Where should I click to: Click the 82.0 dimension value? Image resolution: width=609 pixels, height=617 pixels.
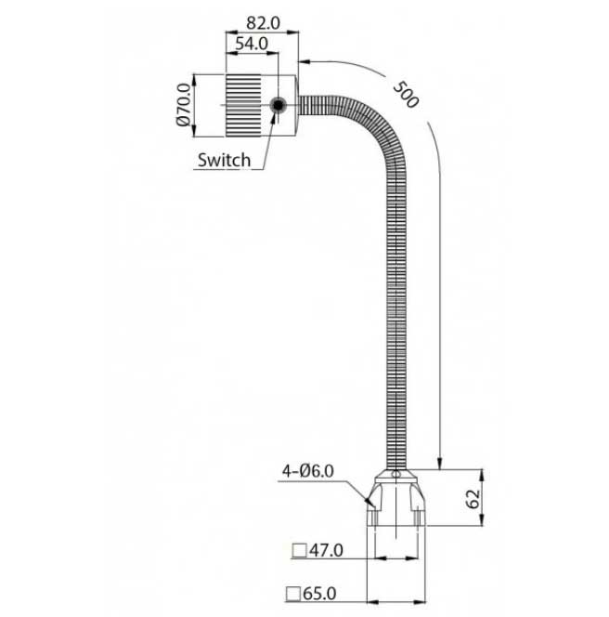[263, 20]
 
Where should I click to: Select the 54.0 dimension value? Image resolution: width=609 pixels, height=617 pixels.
[252, 43]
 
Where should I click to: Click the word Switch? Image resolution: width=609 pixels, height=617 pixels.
[224, 160]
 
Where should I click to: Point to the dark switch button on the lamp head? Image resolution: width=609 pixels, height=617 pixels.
[277, 106]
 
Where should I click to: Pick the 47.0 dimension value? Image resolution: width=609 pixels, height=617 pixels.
[326, 550]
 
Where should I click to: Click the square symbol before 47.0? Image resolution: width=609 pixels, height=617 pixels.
[298, 550]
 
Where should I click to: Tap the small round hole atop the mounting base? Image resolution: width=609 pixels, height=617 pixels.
[396, 474]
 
